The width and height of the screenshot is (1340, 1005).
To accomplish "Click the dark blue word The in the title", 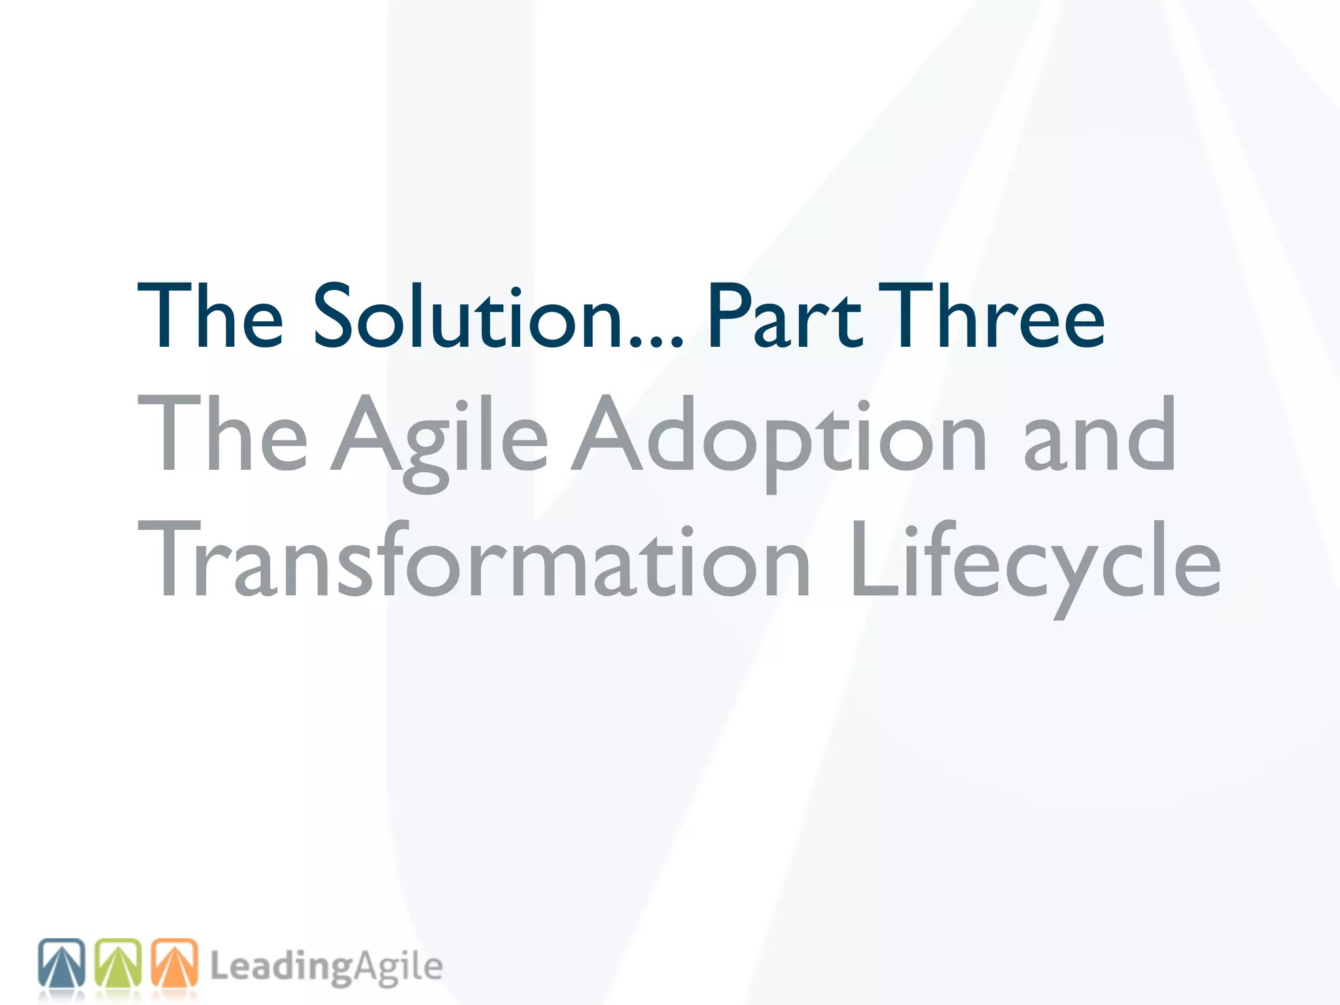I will [209, 316].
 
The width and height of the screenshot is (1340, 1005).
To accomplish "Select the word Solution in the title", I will [468, 316].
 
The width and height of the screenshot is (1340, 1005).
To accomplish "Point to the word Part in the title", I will [785, 316].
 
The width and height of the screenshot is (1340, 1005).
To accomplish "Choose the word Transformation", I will [474, 559].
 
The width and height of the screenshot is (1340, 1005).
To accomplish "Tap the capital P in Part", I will [726, 316].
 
